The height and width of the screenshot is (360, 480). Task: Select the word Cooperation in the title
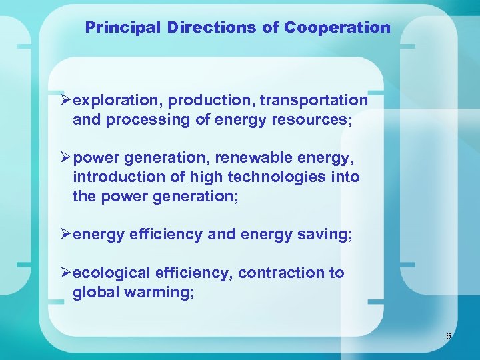coord(337,28)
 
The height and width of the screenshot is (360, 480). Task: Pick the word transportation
coord(314,101)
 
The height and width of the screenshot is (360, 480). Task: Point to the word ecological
coord(111,273)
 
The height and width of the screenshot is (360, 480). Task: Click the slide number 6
coord(449,337)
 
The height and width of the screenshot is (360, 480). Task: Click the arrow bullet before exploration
coord(65,100)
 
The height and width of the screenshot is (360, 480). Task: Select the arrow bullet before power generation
coord(65,158)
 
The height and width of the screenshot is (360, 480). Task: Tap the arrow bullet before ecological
coord(65,272)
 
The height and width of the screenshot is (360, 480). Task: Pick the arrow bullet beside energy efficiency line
coord(65,234)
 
